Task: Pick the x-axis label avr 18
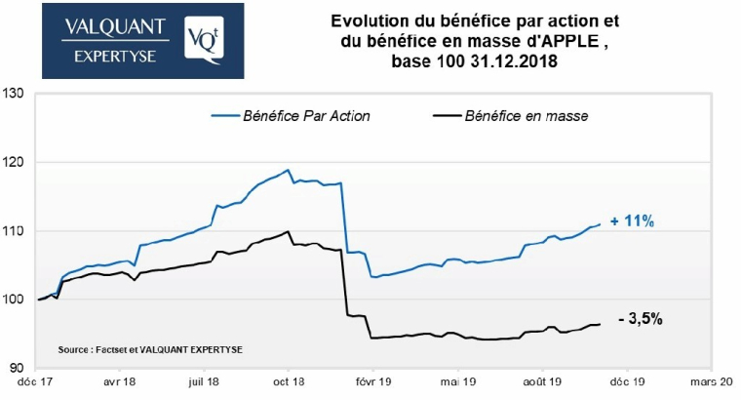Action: [119, 383]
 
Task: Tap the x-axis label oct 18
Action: [287, 383]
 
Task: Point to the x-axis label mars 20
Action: [712, 383]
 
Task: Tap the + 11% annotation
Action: [632, 222]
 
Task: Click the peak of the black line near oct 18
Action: [287, 232]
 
